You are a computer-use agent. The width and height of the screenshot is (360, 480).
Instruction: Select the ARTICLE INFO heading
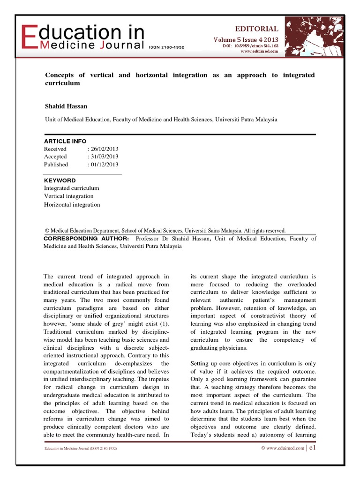65,141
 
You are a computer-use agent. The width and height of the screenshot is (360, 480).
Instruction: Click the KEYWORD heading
60,180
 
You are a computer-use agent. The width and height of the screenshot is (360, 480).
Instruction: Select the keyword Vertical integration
68,196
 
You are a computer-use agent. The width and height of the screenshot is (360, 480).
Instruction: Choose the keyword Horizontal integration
72,205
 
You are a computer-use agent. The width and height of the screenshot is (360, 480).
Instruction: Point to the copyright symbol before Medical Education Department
47,231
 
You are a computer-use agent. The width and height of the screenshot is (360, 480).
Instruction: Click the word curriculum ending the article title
62,83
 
